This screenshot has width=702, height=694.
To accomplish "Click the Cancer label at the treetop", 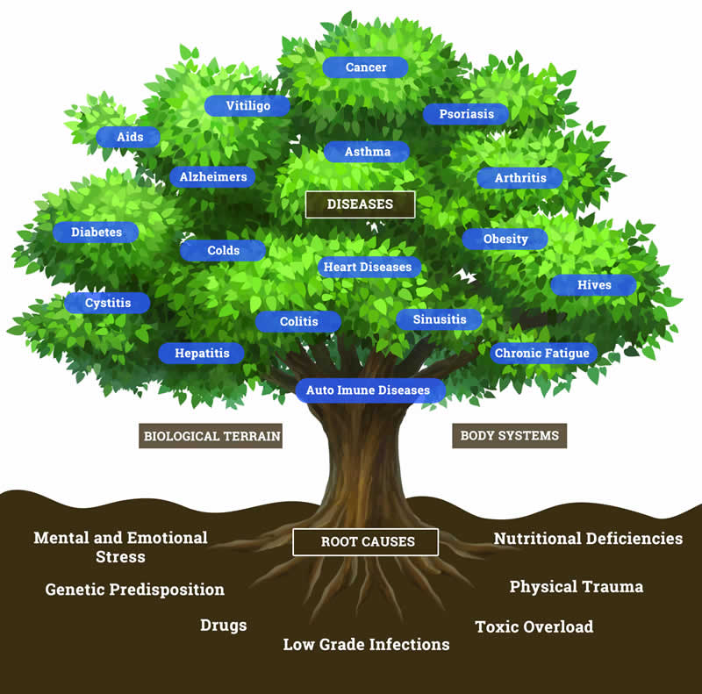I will pyautogui.click(x=366, y=68).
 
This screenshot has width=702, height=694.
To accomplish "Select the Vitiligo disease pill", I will pyautogui.click(x=247, y=105).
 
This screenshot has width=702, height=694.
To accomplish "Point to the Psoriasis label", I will pyautogui.click(x=465, y=114).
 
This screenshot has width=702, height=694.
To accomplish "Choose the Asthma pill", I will pyautogui.click(x=367, y=152).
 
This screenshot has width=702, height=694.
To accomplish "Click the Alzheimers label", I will pyautogui.click(x=213, y=177).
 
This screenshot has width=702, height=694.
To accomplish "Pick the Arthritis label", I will pyautogui.click(x=519, y=178).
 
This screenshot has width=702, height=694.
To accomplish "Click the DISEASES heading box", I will pyautogui.click(x=360, y=204).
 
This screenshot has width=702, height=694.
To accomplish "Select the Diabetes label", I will pyautogui.click(x=96, y=233).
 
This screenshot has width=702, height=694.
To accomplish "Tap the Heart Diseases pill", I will pyautogui.click(x=367, y=267).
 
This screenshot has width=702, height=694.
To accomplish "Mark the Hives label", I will pyautogui.click(x=593, y=285).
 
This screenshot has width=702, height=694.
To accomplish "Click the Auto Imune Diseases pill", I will pyautogui.click(x=369, y=390).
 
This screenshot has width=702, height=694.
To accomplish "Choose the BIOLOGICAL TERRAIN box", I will pyautogui.click(x=211, y=435).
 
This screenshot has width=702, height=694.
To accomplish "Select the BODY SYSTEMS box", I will pyautogui.click(x=509, y=435).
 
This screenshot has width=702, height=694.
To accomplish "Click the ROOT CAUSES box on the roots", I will pyautogui.click(x=365, y=541).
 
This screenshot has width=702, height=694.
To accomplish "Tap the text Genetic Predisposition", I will pyautogui.click(x=135, y=590).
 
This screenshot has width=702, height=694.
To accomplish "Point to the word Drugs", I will pyautogui.click(x=223, y=626).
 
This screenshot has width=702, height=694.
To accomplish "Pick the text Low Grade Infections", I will pyautogui.click(x=366, y=645).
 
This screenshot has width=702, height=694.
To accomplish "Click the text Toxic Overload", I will pyautogui.click(x=534, y=626).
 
